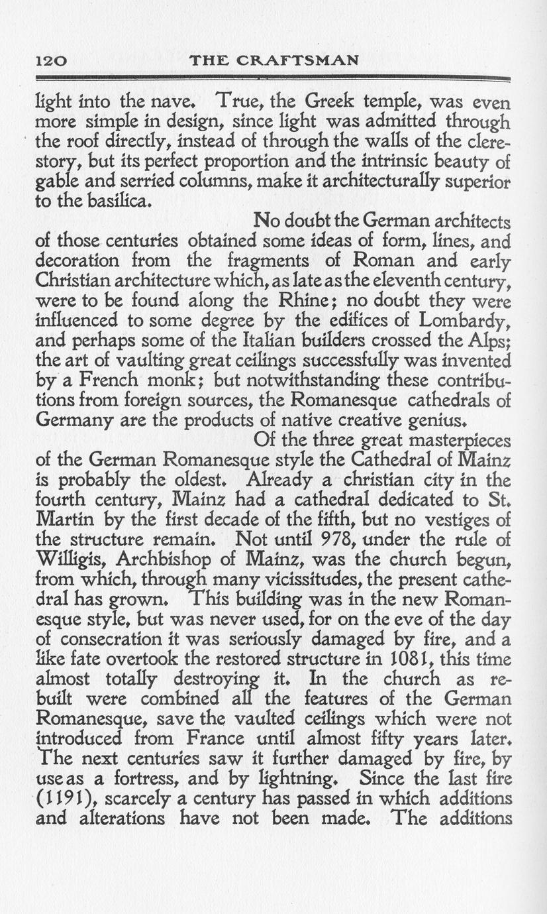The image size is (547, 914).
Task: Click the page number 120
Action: point(50,61)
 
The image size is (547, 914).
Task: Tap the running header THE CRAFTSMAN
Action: point(273,61)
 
